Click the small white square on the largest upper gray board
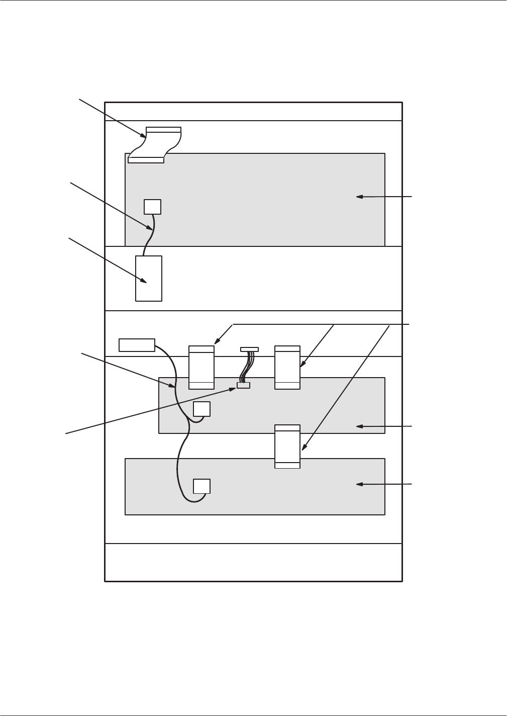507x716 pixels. (x=152, y=207)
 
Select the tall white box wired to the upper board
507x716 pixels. (x=149, y=279)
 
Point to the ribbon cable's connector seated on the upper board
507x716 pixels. (x=146, y=160)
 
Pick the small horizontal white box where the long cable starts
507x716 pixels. (x=137, y=345)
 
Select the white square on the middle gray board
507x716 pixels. (x=201, y=409)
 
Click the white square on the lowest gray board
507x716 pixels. (x=201, y=486)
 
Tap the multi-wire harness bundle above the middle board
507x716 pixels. (x=247, y=367)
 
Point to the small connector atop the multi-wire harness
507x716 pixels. (x=249, y=348)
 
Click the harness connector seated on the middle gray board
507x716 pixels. (x=243, y=386)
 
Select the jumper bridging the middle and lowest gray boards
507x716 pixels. (x=287, y=446)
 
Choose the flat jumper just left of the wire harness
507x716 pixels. (x=201, y=367)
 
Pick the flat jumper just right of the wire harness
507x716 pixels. (x=287, y=367)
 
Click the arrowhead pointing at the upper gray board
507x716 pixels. (x=359, y=197)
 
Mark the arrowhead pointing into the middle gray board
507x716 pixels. (x=359, y=426)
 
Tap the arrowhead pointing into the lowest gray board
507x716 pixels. (x=359, y=484)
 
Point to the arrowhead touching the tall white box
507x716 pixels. (x=144, y=281)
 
